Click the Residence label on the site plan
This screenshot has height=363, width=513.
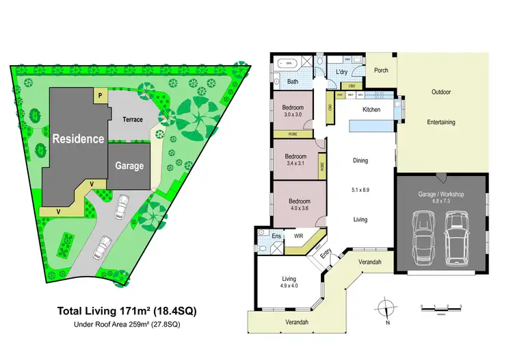coord(79,138)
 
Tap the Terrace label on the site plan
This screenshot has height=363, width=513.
coord(133,119)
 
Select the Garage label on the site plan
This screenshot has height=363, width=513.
coord(129,166)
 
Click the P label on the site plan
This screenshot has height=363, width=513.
coord(101,96)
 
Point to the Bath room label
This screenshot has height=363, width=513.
coord(292,82)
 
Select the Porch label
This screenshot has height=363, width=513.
coord(380,70)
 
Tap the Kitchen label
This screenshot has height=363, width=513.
coord(371,110)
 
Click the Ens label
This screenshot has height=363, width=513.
coord(276,236)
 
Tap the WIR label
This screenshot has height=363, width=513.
coord(299,236)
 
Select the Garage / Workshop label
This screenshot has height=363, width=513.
coord(440,195)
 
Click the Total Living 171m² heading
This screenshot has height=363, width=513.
coord(127,311)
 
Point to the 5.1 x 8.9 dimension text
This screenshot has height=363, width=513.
coord(360,190)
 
